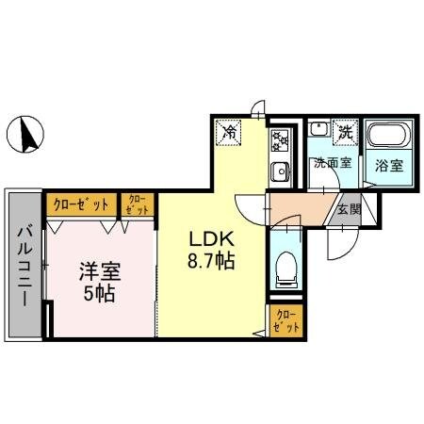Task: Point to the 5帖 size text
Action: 95,293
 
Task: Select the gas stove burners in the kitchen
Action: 280,141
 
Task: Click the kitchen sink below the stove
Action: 280,171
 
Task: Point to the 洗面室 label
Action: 332,162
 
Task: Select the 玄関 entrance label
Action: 349,210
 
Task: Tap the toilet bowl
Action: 286,269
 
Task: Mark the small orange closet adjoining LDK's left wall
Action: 137,204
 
